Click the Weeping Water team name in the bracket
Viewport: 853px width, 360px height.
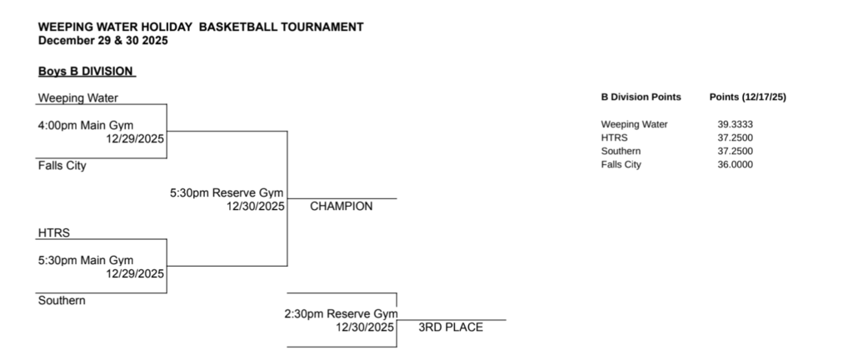[x=78, y=97]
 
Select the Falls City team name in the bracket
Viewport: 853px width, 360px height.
[x=62, y=166]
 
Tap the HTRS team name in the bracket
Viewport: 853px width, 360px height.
[x=54, y=233]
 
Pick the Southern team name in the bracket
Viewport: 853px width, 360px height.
[x=62, y=301]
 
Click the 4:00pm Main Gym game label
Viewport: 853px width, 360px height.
[x=86, y=126]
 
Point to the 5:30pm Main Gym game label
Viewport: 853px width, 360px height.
[x=86, y=261]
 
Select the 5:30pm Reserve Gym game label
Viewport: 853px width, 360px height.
[x=227, y=192]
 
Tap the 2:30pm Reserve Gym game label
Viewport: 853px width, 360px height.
[x=341, y=314]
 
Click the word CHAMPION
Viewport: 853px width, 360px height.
[x=342, y=207]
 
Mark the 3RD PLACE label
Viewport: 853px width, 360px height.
[x=451, y=327]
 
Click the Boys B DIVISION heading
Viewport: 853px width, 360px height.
[x=86, y=72]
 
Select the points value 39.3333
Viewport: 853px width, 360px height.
[x=736, y=124]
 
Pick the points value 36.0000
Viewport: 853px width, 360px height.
[x=736, y=165]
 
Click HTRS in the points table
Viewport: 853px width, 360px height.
[x=615, y=137]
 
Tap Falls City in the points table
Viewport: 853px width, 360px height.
[x=621, y=165]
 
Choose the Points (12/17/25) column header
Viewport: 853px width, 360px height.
[x=747, y=97]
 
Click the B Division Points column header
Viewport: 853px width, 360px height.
[x=641, y=97]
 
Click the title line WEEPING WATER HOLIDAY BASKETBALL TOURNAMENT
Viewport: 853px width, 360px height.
[x=201, y=27]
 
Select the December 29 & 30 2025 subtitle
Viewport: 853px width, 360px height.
[x=102, y=40]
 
